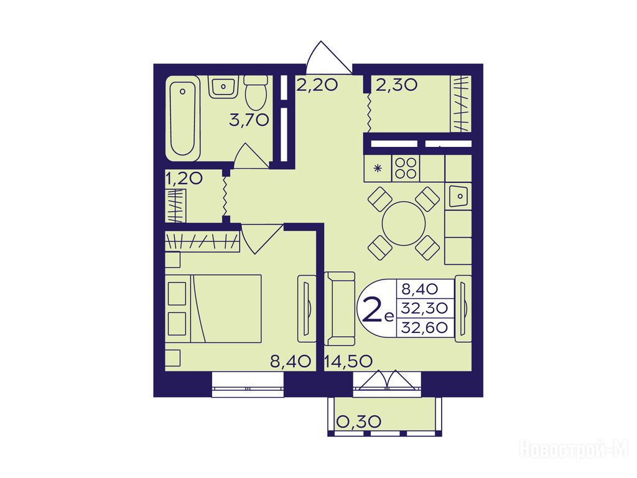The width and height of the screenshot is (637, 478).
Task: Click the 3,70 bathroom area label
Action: tap(249, 120)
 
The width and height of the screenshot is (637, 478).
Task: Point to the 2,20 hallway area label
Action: tap(317, 85)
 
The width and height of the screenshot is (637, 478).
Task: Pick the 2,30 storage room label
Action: tap(396, 85)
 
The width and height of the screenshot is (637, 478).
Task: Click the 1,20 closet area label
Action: tap(184, 179)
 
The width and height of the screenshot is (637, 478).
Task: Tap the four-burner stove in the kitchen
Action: tap(406, 168)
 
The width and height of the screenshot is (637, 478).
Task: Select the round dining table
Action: tap(403, 223)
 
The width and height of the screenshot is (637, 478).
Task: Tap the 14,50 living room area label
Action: tap(348, 361)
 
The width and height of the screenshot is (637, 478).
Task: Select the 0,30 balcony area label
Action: tap(359, 421)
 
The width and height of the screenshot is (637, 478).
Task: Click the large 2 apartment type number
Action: tap(370, 309)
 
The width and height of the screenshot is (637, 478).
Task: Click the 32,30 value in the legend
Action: tap(424, 308)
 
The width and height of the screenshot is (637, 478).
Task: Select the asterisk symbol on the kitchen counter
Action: tap(378, 168)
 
